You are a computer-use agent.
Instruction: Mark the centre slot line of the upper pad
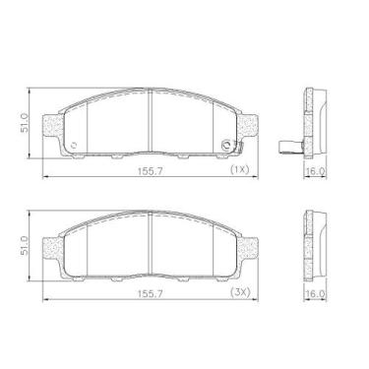pyautogui.click(x=150, y=123)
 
